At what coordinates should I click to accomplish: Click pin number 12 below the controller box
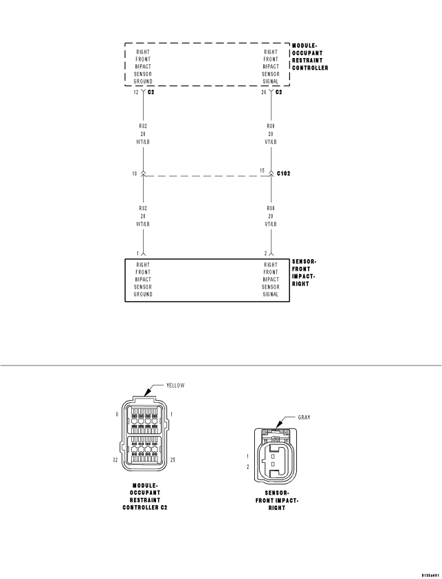135,92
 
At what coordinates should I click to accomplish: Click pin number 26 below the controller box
263,92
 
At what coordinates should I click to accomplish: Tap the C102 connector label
284,173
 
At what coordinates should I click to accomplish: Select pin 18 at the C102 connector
134,173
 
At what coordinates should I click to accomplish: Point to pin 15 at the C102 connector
262,171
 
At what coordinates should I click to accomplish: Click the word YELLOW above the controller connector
175,386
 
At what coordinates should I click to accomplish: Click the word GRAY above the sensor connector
304,418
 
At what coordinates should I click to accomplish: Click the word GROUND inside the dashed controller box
143,82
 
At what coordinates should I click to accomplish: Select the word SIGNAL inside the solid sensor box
271,294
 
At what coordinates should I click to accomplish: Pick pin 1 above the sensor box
137,254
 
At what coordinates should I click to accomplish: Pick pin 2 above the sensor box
265,254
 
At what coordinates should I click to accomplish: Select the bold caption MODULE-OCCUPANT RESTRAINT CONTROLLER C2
144,496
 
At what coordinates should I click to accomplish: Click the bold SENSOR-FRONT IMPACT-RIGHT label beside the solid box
305,272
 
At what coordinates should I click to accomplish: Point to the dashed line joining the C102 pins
206,176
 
